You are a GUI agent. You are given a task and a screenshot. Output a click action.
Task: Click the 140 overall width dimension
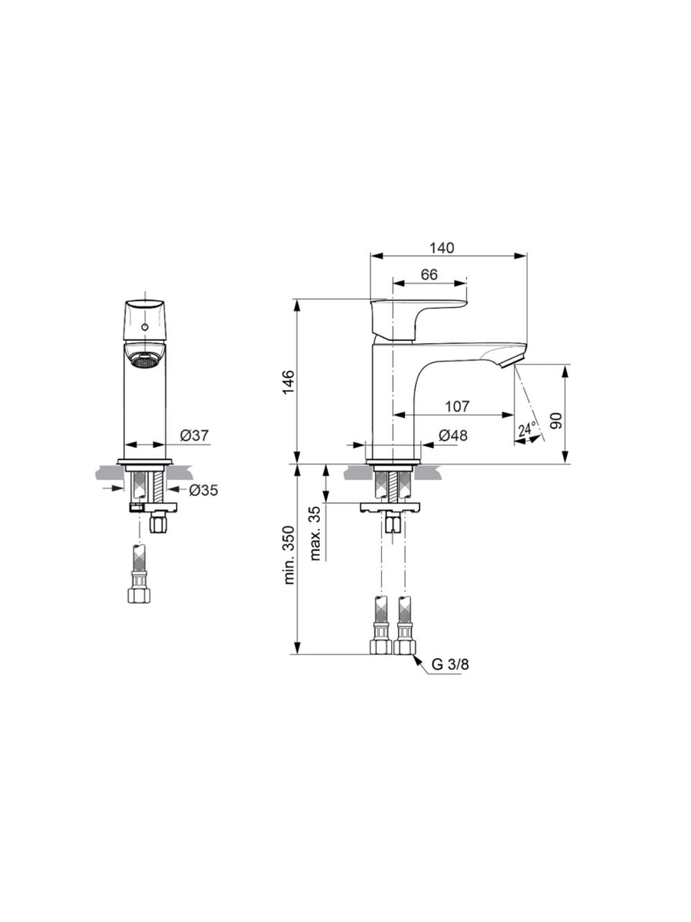442,248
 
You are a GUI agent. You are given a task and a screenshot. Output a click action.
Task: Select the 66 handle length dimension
429,274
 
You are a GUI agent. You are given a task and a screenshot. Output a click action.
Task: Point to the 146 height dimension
288,382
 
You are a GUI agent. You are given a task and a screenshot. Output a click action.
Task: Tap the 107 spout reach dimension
457,406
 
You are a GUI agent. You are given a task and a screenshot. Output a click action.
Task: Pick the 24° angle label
527,429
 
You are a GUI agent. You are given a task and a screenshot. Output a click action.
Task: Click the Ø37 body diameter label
194,435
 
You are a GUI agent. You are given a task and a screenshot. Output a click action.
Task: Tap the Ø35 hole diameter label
203,490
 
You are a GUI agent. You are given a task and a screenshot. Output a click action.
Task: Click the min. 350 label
288,555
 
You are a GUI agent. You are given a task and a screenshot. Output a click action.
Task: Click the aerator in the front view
145,360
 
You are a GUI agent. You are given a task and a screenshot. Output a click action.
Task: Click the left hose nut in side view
381,646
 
